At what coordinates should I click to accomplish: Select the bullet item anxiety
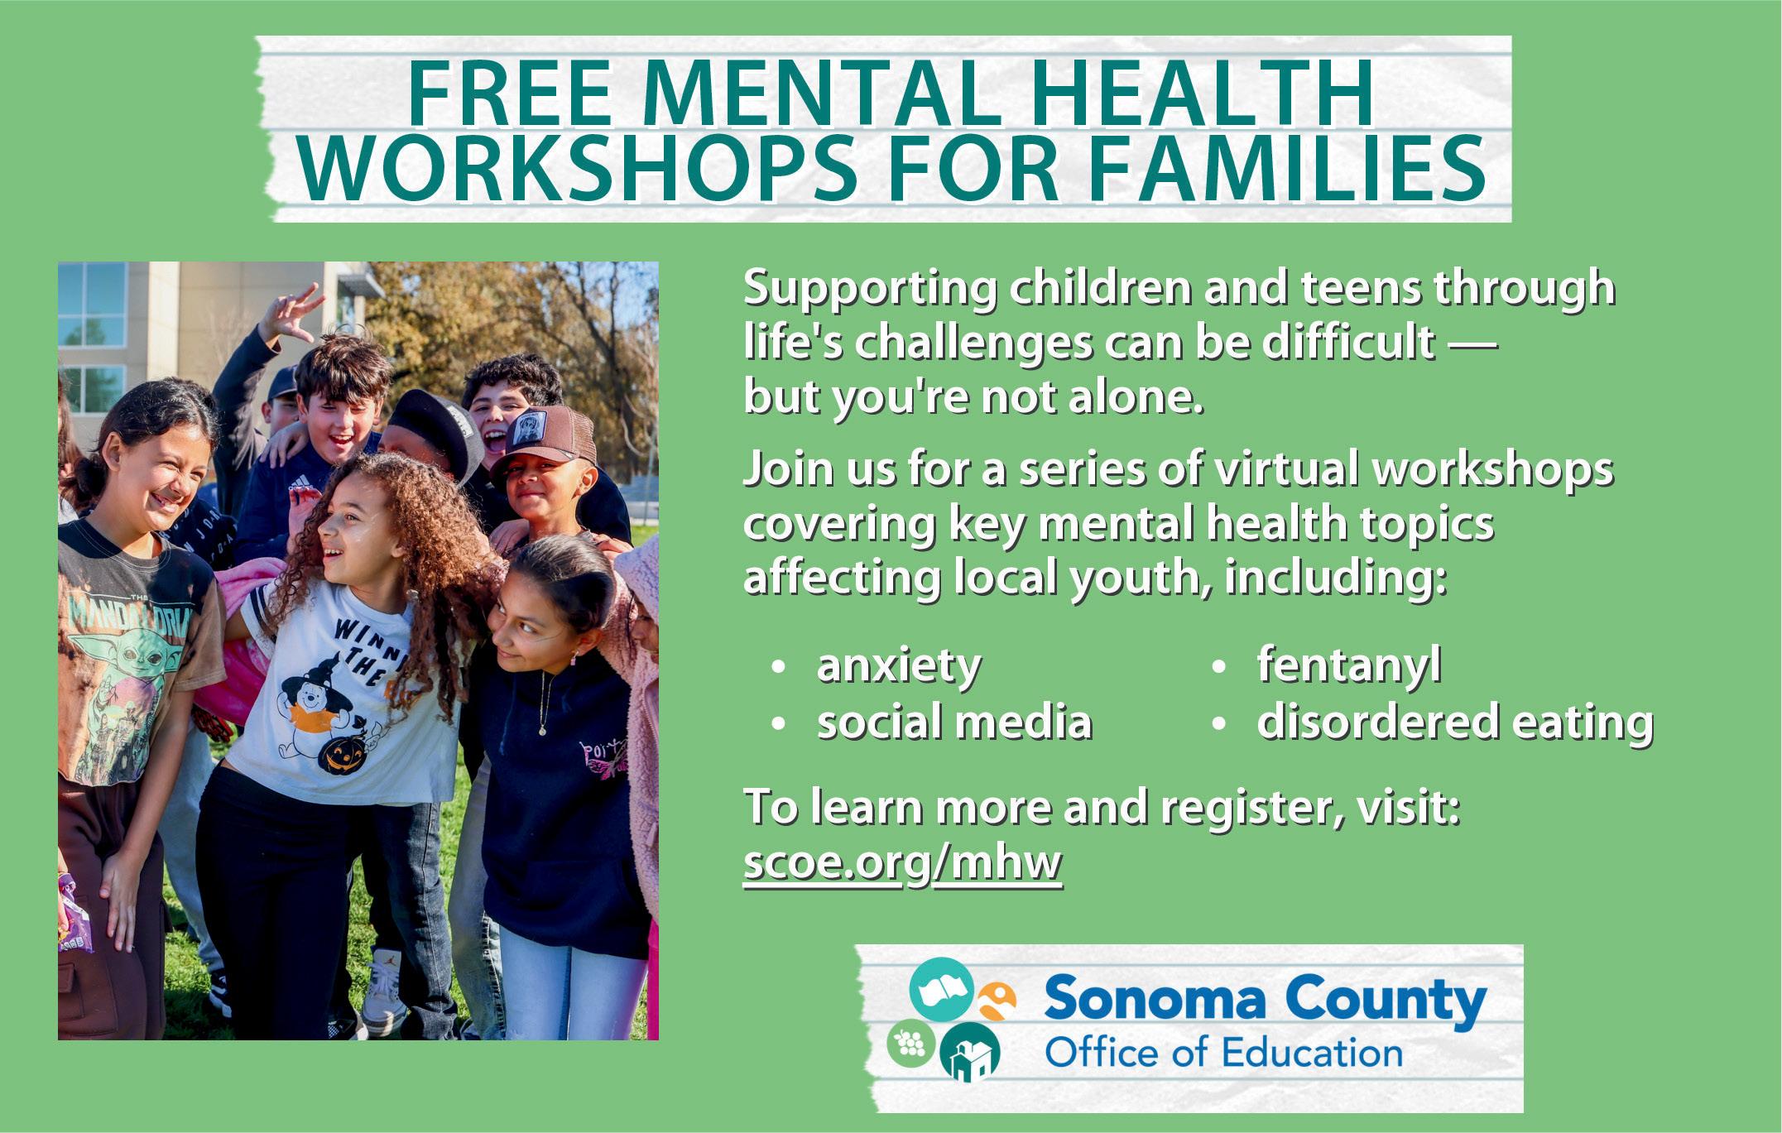click(899, 667)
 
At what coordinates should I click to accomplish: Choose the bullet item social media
click(954, 722)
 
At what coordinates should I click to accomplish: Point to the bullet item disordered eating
click(1455, 722)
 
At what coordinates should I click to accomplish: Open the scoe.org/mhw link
click(902, 864)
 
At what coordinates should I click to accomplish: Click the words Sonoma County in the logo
click(1265, 1002)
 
